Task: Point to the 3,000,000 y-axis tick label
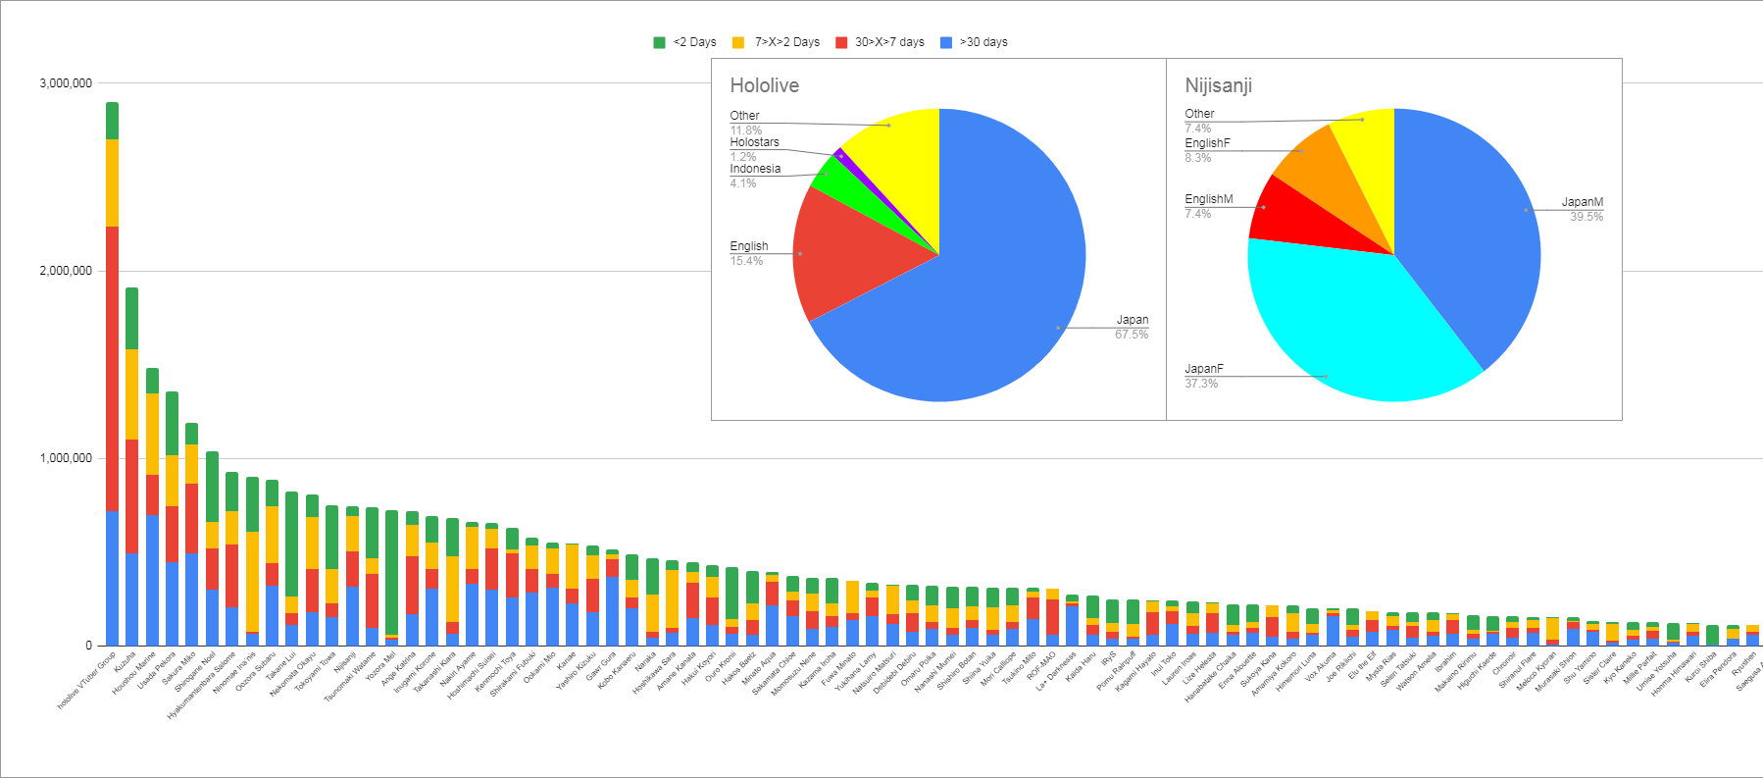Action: pos(66,83)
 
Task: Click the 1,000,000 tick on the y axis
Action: pos(66,458)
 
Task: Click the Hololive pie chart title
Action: pos(764,85)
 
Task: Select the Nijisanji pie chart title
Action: pos(1218,85)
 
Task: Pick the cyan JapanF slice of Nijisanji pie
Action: pos(1343,324)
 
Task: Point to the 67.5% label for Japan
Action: pos(1131,335)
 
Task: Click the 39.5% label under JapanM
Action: pos(1586,217)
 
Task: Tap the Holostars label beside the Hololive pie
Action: pos(754,142)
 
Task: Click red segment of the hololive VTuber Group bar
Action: pos(112,368)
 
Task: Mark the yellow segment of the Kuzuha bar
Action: pos(131,392)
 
